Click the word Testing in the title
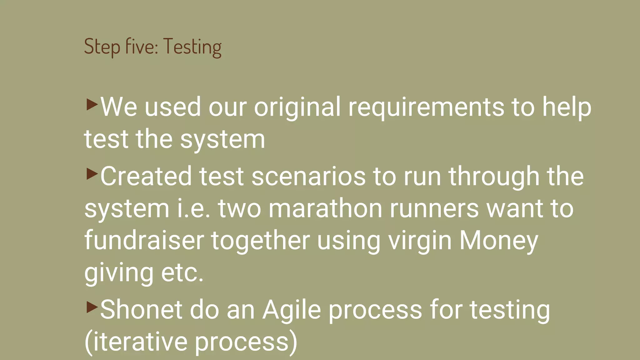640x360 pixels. [192, 47]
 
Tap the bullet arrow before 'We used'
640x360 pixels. [92, 104]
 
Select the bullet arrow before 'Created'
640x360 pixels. [92, 174]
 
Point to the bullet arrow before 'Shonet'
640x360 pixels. [92, 307]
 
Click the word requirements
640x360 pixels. [426, 107]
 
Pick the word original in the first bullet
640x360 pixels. [297, 107]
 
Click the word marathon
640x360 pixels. [325, 209]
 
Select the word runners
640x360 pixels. [434, 209]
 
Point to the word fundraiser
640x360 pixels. [144, 241]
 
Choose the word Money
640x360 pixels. [498, 241]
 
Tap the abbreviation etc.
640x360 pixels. [182, 272]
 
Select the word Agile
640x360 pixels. [292, 310]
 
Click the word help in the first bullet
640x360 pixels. [566, 107]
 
